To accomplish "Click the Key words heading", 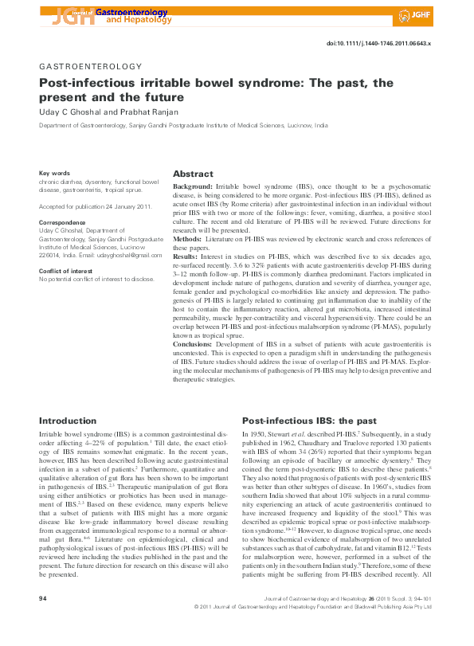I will tap(54, 173).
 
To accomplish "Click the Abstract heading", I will tap(193, 174).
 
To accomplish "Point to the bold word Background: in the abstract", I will tap(194, 185).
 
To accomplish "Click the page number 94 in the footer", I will tap(44, 619).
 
